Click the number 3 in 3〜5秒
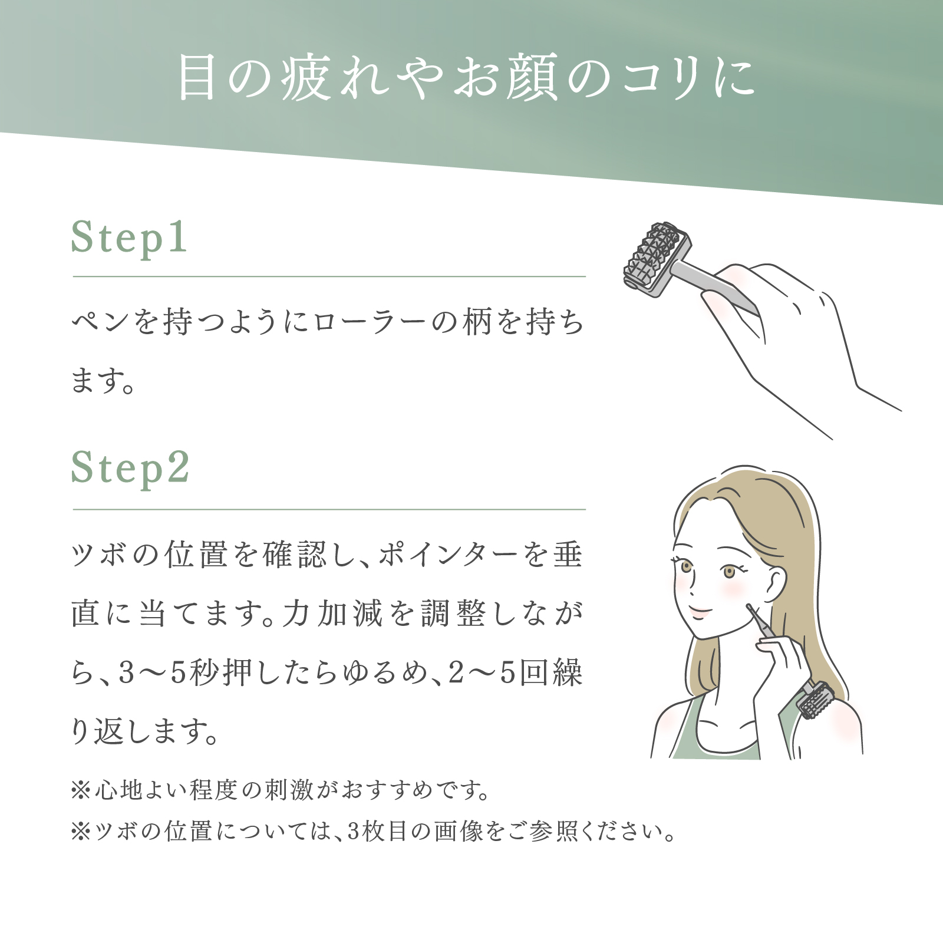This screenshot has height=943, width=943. [127, 673]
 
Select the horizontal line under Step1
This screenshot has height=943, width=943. [329, 276]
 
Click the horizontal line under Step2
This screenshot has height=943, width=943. [329, 509]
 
